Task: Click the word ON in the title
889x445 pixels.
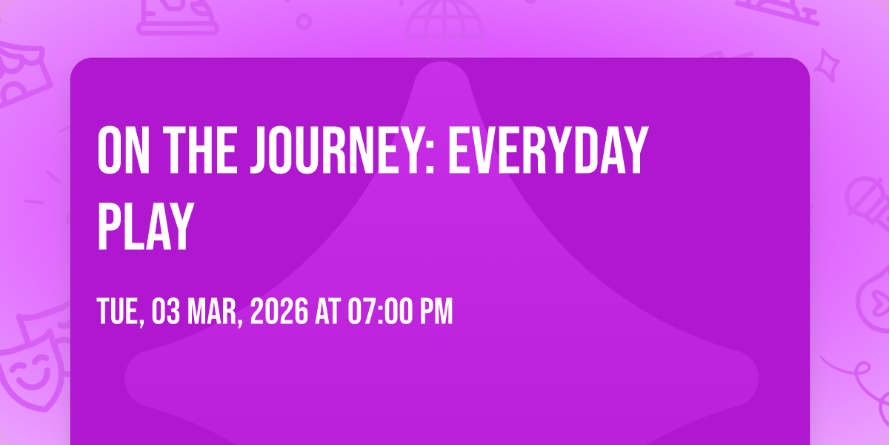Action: point(124,150)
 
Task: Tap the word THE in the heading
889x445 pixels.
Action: point(201,150)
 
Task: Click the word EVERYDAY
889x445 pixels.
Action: point(548,150)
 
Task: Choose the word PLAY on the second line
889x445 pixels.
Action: point(146,226)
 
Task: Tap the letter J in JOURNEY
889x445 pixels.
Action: point(260,150)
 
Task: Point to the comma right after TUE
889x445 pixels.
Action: point(141,323)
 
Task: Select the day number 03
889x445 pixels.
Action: point(165,311)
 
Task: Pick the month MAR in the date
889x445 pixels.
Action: point(212,311)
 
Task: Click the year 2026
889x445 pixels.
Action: point(279,311)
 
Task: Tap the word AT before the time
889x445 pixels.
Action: point(327,311)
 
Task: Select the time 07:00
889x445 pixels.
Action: point(380,311)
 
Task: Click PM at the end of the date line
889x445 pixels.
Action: point(436,311)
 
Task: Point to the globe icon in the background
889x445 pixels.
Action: point(444,28)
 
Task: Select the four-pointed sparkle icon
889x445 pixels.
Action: point(827,65)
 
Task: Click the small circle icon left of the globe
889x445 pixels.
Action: point(304,22)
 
